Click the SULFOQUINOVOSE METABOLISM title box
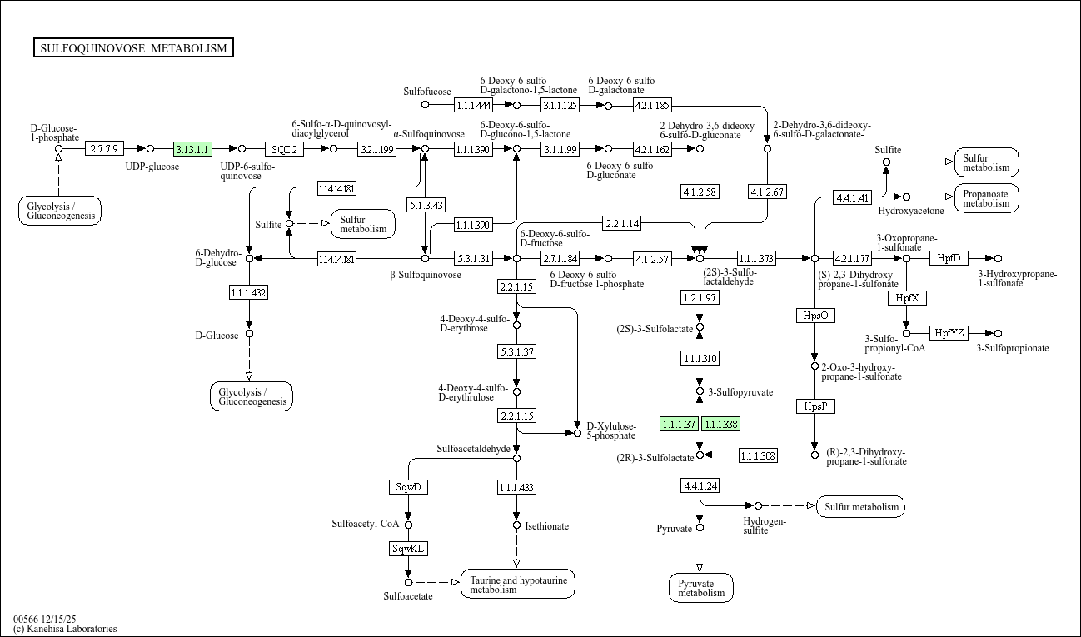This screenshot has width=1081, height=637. click(x=133, y=48)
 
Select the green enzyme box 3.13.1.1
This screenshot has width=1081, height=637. click(x=192, y=149)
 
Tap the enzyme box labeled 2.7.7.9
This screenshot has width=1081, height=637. click(x=105, y=149)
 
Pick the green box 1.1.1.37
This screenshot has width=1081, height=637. click(x=679, y=424)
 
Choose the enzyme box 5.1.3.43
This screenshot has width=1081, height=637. click(x=426, y=204)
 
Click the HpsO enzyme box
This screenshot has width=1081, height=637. click(x=815, y=316)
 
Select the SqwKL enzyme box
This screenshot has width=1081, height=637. click(x=408, y=549)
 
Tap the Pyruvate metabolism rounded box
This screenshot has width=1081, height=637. click(x=701, y=587)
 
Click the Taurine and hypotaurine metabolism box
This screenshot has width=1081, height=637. click(x=517, y=585)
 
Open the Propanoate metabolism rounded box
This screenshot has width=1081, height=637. click(x=986, y=197)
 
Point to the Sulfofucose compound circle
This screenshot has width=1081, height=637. click(x=425, y=105)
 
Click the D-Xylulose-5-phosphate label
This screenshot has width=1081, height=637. click(x=610, y=430)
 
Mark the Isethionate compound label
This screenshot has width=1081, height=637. click(x=546, y=525)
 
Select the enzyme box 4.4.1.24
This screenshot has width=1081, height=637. click(x=700, y=485)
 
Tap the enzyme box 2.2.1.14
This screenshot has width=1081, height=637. click(x=622, y=224)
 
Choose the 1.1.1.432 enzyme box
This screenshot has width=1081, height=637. click(x=248, y=292)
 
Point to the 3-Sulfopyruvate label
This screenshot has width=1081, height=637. click(x=740, y=391)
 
